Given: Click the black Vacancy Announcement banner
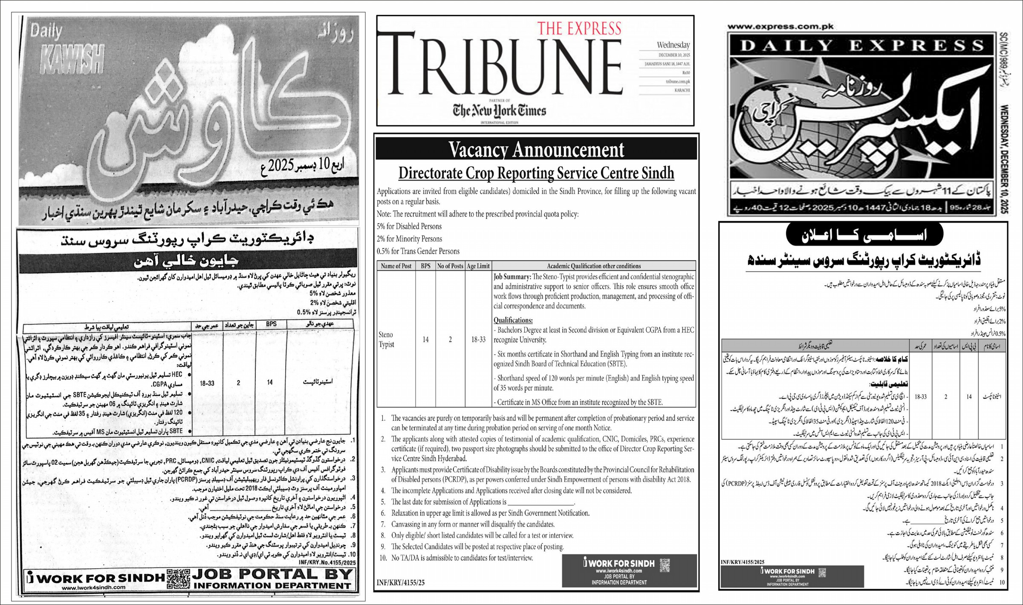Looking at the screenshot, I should tap(536, 149).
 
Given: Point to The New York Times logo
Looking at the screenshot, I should tap(499, 111).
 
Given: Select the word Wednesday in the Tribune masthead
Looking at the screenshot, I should tap(673, 45).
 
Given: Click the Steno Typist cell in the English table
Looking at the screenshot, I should tap(386, 339).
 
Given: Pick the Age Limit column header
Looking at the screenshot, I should tap(478, 266).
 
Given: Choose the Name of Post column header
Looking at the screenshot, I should tap(396, 266).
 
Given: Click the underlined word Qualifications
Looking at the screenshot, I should tap(513, 320).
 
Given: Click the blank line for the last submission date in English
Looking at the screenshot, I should tap(541, 502).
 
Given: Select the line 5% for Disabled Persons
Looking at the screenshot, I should tap(409, 226).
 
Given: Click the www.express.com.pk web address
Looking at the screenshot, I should tap(780, 27).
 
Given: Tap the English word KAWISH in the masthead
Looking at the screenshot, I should tap(72, 59).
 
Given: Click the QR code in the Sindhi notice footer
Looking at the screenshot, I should tap(178, 578).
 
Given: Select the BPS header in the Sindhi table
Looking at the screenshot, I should tap(271, 324).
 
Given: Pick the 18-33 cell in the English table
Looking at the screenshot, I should tap(478, 339).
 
